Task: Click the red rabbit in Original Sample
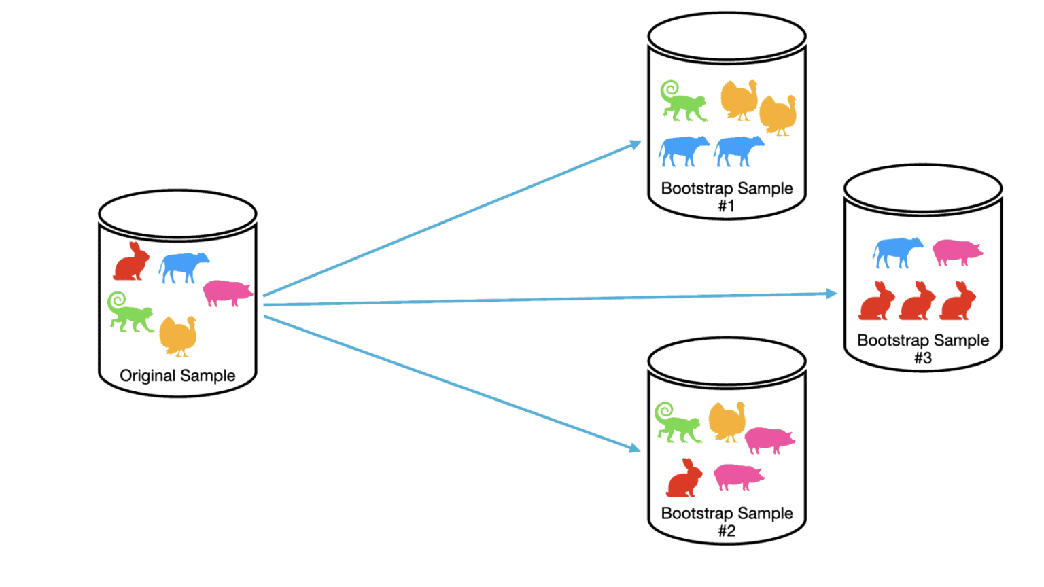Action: point(131,262)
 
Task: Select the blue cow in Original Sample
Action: point(184,266)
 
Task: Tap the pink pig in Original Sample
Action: point(228,293)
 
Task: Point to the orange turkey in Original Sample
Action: point(178,336)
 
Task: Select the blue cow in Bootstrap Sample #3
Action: point(897,252)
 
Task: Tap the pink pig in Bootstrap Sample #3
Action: point(957,252)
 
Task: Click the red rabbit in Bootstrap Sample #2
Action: point(684,478)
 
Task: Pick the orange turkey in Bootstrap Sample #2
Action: point(727,422)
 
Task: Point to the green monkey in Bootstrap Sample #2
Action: point(678,424)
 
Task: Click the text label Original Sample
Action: point(177,376)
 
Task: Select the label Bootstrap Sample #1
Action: point(727,196)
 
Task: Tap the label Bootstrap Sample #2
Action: point(727,521)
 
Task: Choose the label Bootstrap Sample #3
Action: point(922,349)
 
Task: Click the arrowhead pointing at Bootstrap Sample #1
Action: point(636,144)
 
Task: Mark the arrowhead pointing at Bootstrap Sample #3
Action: point(831,293)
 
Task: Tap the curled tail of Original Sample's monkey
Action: point(117,300)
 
